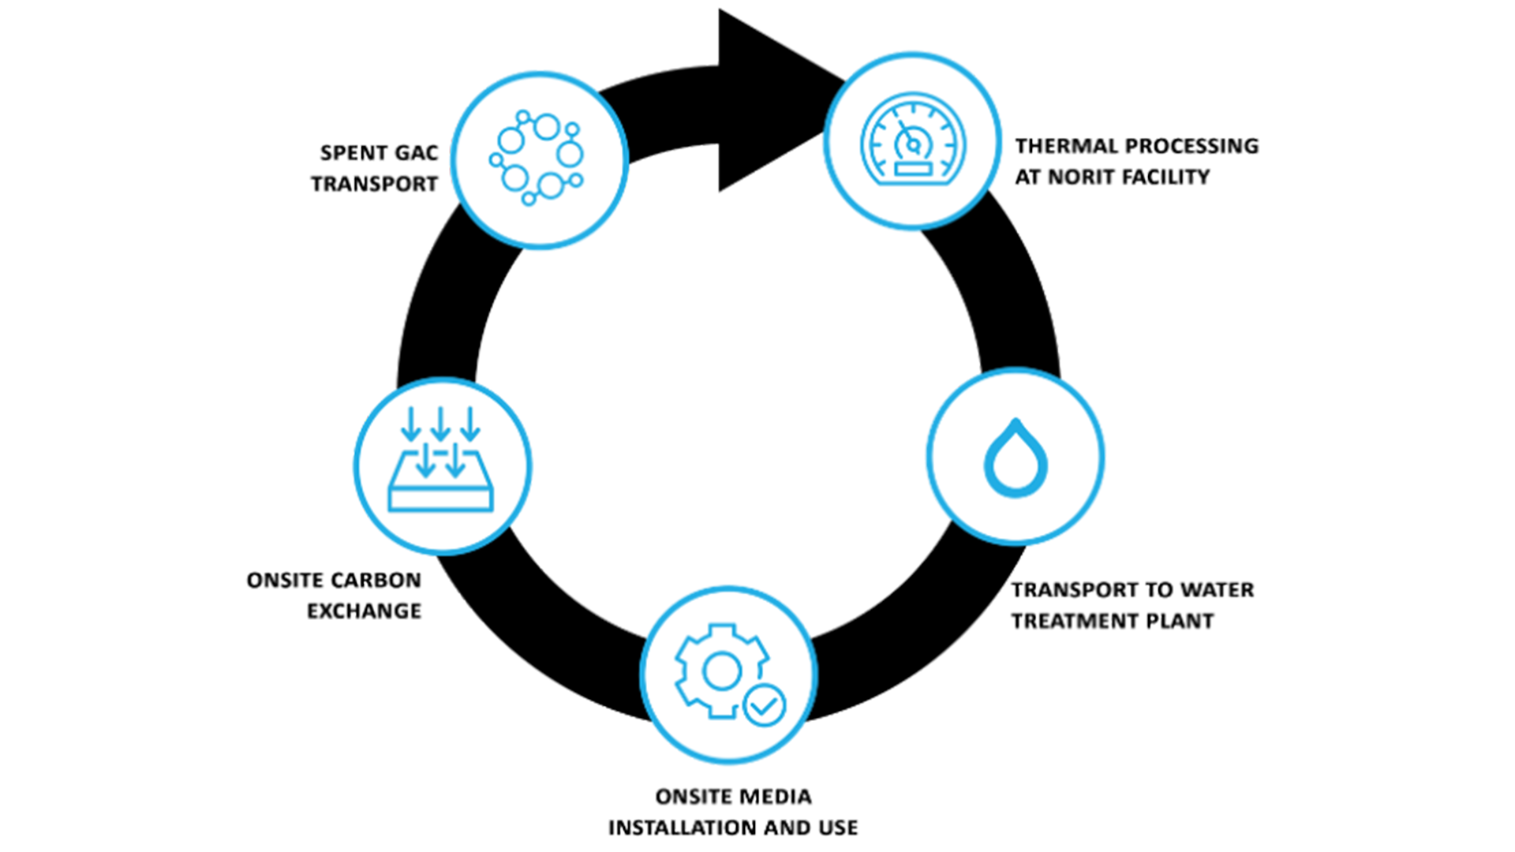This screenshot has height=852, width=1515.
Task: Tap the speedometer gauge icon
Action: click(x=912, y=140)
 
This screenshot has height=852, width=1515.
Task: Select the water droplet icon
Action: click(x=1016, y=458)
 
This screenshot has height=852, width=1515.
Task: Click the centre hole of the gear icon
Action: click(x=721, y=672)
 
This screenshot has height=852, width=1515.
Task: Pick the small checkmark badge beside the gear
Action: click(x=764, y=704)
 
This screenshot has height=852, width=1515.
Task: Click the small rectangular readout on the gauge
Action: click(x=912, y=168)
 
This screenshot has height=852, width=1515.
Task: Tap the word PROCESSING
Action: click(x=1191, y=147)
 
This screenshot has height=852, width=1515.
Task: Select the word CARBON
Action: click(x=376, y=581)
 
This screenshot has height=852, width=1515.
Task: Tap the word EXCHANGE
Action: click(x=364, y=610)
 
